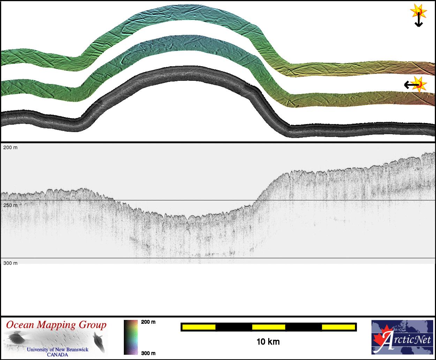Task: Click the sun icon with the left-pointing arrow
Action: (x=419, y=85)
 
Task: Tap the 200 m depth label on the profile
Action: (x=10, y=147)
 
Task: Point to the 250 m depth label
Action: (x=10, y=205)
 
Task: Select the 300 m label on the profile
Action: (x=10, y=263)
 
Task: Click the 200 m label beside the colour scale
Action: (x=148, y=322)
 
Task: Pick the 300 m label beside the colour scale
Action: (x=148, y=353)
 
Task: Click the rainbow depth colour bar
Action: (x=131, y=337)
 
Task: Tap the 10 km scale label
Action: (x=268, y=342)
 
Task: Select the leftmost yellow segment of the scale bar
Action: (x=199, y=327)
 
